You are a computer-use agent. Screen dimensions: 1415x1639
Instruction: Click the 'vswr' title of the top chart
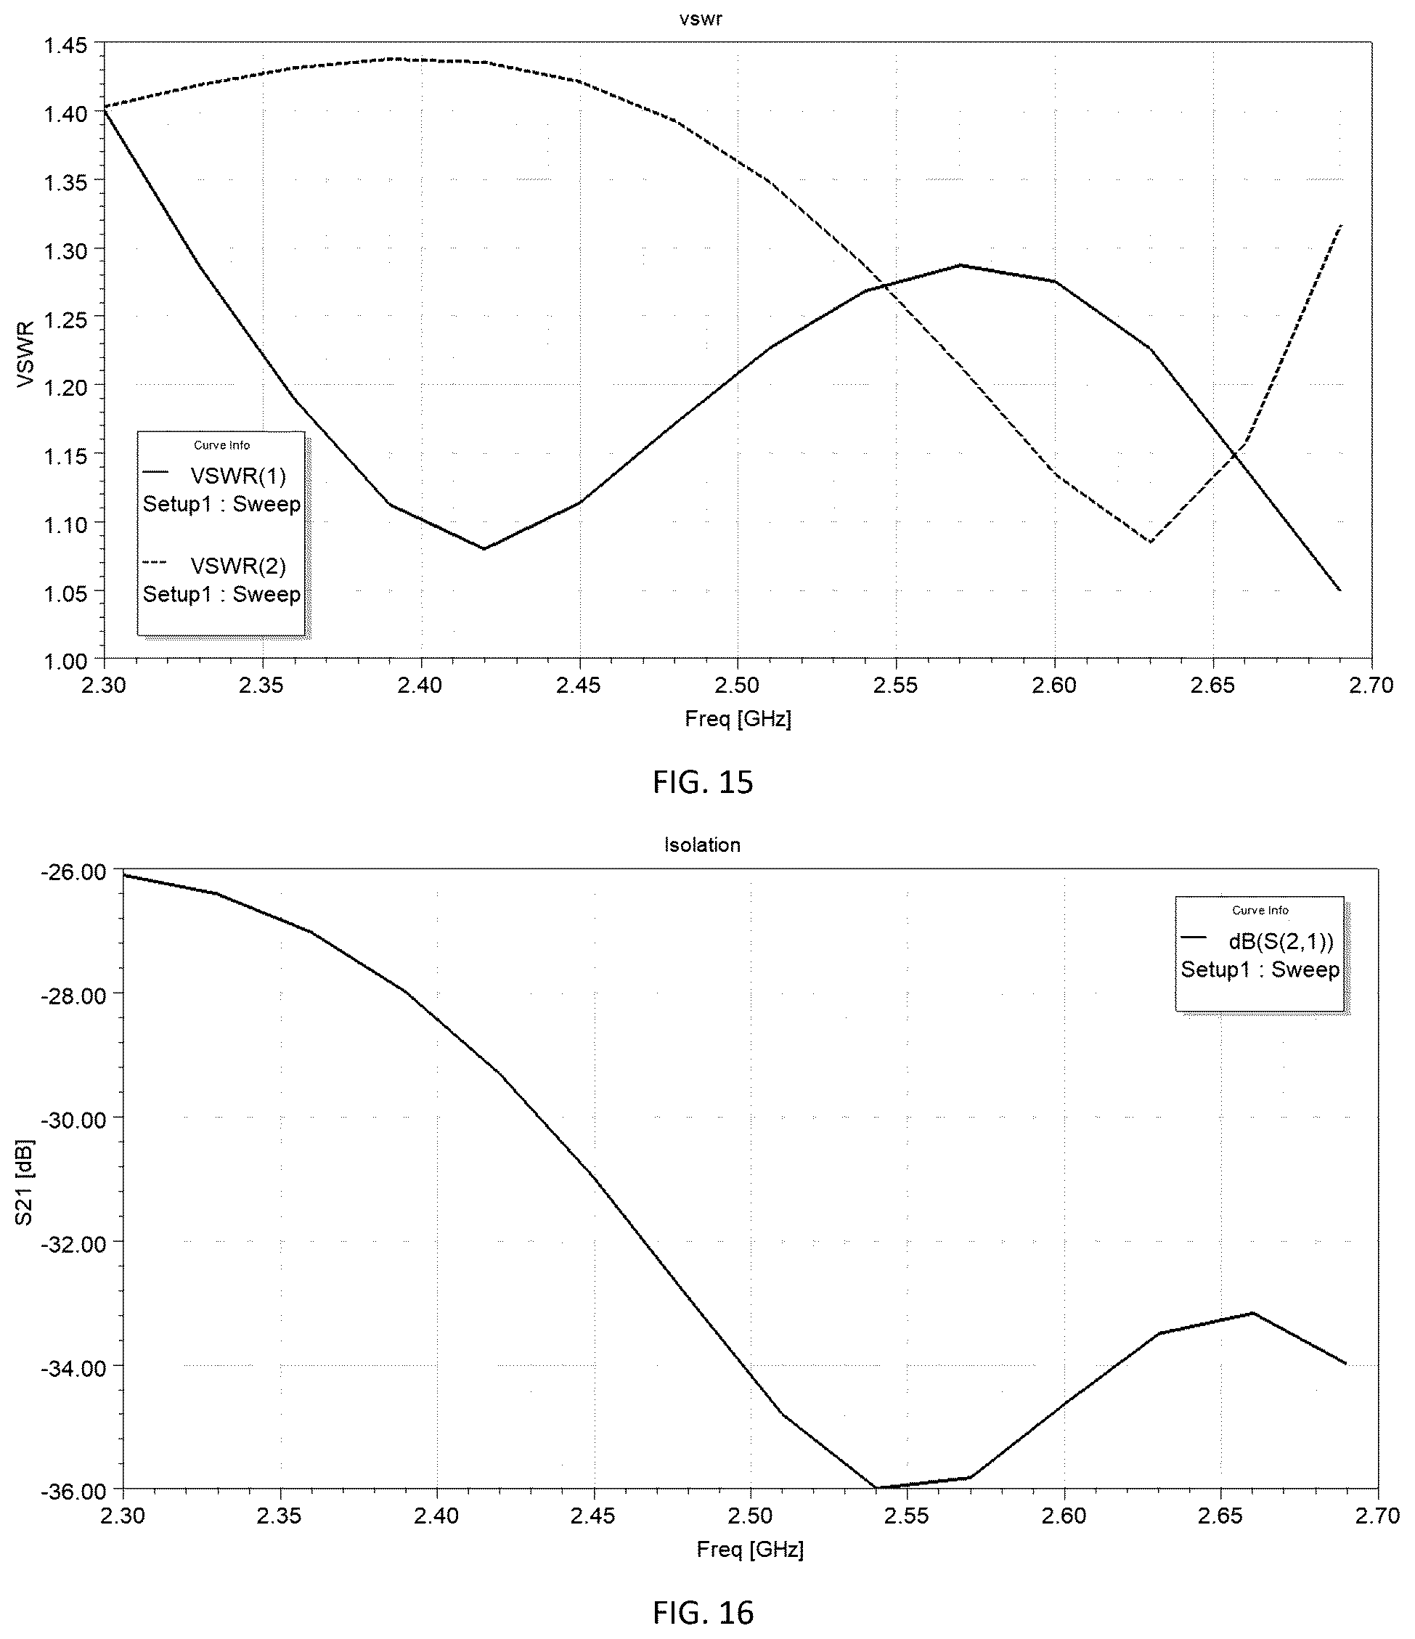(x=701, y=18)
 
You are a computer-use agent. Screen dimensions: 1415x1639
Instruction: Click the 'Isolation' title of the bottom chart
(x=702, y=845)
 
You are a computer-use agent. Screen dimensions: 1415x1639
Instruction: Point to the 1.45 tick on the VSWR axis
(x=65, y=45)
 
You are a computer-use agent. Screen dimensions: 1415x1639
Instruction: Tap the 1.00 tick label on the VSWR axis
(x=65, y=662)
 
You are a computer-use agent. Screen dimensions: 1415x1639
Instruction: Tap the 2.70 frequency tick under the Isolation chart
(x=1378, y=1516)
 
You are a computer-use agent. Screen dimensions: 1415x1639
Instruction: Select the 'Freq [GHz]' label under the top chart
(x=738, y=718)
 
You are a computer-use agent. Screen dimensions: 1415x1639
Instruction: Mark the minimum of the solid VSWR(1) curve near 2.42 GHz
(x=484, y=548)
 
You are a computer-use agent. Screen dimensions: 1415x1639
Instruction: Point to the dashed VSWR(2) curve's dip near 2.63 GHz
(x=1150, y=542)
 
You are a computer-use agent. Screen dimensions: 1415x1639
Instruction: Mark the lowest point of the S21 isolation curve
(x=876, y=1488)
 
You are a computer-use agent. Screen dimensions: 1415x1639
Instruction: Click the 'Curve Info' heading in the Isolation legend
(x=1260, y=911)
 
